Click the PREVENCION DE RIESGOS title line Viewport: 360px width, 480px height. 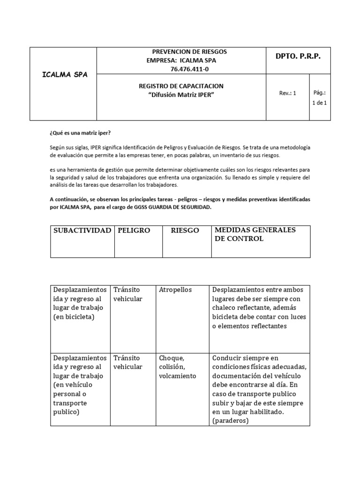point(189,52)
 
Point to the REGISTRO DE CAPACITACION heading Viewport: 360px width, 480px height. point(181,86)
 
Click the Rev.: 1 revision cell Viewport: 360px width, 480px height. point(287,93)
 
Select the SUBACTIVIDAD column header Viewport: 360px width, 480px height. point(82,230)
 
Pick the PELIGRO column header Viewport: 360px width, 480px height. point(134,230)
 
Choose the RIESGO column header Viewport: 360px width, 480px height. point(185,230)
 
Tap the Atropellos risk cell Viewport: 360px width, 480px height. point(175,290)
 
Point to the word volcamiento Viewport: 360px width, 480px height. point(178,376)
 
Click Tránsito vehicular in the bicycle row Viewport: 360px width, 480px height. point(127,294)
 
